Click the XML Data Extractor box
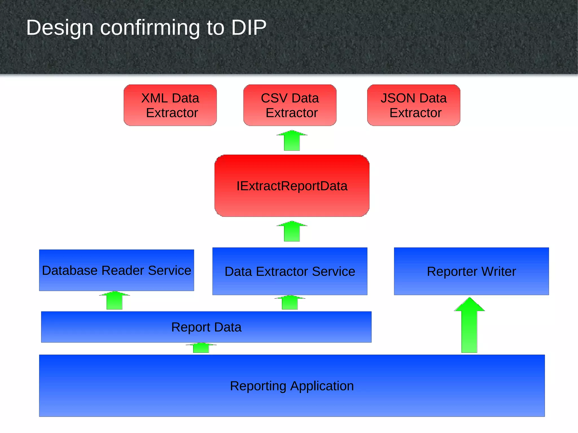point(170,105)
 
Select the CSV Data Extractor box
point(290,105)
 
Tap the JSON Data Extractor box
point(413,105)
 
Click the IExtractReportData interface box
point(292,186)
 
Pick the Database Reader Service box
point(117,270)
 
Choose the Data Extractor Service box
point(290,271)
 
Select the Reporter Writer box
point(471,271)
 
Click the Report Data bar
point(206,327)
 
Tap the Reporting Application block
point(292,386)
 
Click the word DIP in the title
point(249,28)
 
